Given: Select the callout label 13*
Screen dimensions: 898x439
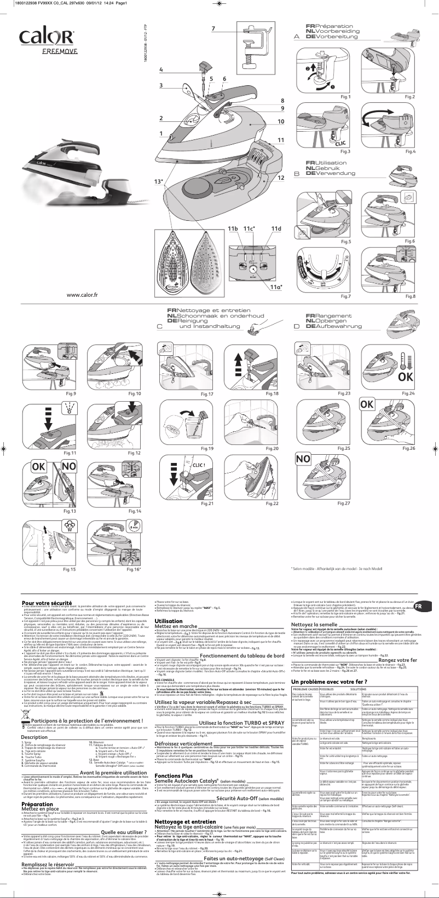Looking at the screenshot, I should (159, 181).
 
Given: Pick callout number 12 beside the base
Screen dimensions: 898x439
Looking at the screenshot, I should (281, 178).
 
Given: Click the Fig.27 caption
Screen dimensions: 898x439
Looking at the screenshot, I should (343, 503).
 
